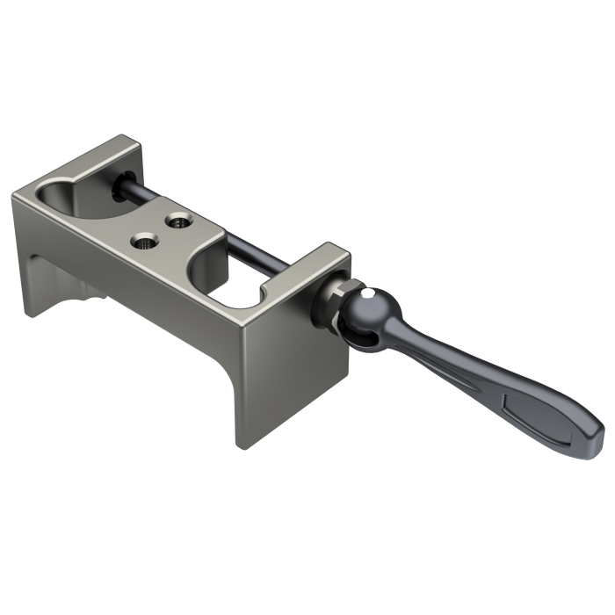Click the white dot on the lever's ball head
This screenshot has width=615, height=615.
click(373, 293)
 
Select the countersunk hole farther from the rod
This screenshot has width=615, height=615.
click(142, 238)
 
